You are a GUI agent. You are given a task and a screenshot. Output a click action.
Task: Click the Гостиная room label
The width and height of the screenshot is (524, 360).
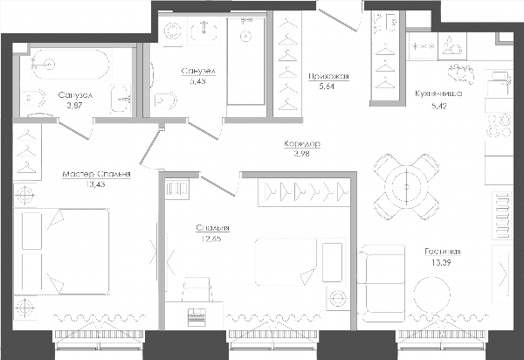tap(443, 252)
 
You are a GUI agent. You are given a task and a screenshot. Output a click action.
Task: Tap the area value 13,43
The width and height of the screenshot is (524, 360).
tap(95, 184)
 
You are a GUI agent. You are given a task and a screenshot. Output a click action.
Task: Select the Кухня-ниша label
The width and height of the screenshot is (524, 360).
tap(438, 93)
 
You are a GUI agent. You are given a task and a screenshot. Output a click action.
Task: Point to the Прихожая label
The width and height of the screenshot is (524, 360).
tap(328, 76)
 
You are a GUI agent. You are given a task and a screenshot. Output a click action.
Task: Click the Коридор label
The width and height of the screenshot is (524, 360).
tap(302, 143)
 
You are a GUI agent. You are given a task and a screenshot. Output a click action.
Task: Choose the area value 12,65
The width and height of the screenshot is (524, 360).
tap(211, 239)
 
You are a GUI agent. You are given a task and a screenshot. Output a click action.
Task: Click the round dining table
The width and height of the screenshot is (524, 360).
tap(406, 187)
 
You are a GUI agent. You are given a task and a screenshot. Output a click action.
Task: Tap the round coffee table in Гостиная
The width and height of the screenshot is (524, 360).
tap(431, 294)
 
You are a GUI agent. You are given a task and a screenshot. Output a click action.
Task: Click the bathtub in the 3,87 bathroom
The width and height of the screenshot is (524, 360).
tap(70, 65)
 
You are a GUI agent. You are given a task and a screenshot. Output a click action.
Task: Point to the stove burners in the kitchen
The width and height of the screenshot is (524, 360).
tap(500, 125)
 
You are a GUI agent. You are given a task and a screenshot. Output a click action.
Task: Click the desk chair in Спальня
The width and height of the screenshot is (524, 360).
tap(197, 289)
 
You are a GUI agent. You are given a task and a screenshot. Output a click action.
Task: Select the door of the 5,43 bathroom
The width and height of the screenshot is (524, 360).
tap(204, 129)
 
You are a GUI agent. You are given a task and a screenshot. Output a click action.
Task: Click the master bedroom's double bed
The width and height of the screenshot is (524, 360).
tap(61, 252)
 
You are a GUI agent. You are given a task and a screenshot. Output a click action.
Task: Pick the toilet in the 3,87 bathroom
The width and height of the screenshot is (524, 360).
tap(34, 98)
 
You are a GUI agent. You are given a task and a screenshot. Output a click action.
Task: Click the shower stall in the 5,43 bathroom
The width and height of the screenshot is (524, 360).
tap(246, 60)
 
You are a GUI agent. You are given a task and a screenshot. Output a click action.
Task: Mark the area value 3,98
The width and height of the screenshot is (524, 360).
tap(302, 154)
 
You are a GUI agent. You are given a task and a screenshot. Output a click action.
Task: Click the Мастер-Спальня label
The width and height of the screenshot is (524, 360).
tap(96, 174)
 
